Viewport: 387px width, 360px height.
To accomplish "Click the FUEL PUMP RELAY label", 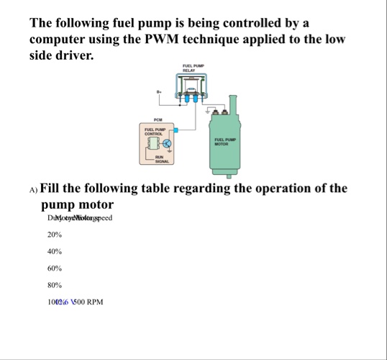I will tap(194, 68).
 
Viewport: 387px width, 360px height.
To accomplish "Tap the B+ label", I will tap(159, 91).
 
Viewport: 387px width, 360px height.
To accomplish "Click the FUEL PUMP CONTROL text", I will tap(155, 132).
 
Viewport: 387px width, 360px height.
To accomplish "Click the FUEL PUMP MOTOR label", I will tap(225, 141).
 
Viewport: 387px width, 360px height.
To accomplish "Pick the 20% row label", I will tap(54, 235).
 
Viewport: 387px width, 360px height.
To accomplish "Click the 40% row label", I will tap(54, 252).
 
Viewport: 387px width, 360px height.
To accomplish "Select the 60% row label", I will tap(54, 269).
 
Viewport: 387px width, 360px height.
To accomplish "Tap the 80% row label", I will tap(54, 285).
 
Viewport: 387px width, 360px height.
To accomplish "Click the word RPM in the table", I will tap(94, 302).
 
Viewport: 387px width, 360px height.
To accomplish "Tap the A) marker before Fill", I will tap(34, 190).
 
